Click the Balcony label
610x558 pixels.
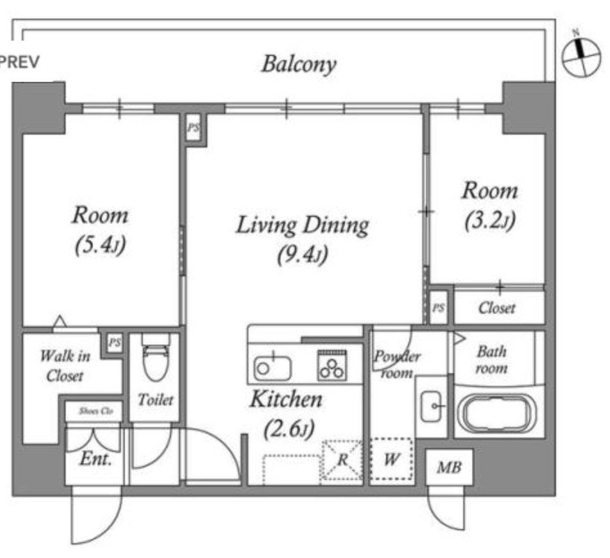[x=299, y=64]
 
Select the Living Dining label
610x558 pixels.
[x=302, y=226]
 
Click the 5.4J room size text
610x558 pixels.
[x=100, y=245]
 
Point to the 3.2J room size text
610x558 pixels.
[x=490, y=220]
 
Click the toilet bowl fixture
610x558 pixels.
[x=156, y=356]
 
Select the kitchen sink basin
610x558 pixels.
[x=272, y=368]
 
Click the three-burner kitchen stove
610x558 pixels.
[x=332, y=365]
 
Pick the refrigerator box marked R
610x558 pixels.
[x=342, y=460]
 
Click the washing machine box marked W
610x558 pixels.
[x=391, y=459]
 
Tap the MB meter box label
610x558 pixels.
[x=449, y=467]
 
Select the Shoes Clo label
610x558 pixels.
[x=96, y=411]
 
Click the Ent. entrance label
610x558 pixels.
[x=96, y=459]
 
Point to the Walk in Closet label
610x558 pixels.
[x=65, y=366]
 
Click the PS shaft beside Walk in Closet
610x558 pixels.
[x=115, y=343]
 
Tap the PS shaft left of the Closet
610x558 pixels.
[x=438, y=308]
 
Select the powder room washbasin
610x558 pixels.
[x=431, y=407]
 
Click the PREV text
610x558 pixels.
[x=19, y=62]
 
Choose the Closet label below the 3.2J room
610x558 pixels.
[x=497, y=308]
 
